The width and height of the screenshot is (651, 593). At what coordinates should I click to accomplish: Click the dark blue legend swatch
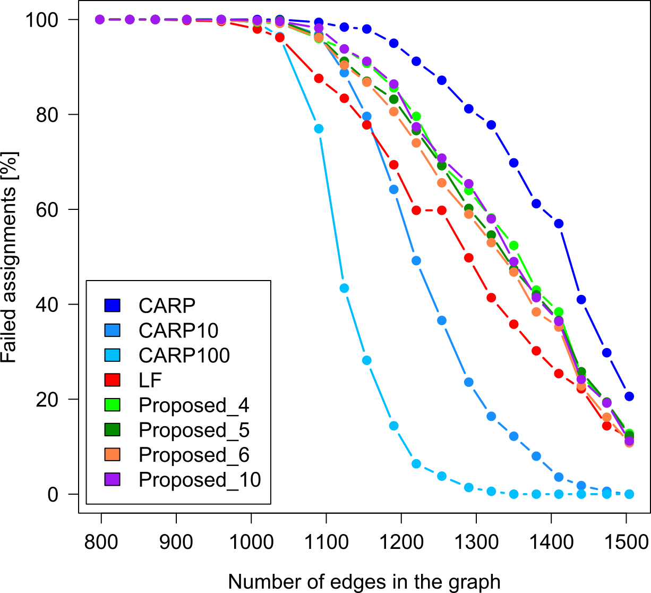(112, 305)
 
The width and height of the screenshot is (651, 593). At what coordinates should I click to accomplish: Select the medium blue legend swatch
(112, 330)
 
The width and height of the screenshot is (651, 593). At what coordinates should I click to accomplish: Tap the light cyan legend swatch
(112, 355)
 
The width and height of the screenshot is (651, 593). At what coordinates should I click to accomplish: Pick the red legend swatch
(112, 380)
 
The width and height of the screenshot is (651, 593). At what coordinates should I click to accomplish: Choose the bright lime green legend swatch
(112, 405)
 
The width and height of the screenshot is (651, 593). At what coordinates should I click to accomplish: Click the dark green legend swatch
(112, 429)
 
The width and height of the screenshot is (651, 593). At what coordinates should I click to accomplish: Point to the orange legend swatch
(112, 454)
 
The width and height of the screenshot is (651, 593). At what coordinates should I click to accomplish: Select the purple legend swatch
(112, 479)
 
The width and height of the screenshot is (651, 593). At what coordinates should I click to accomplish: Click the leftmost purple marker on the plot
(100, 20)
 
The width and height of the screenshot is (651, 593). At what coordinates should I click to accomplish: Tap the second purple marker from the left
(130, 20)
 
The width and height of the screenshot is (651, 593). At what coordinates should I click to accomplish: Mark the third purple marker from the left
(155, 20)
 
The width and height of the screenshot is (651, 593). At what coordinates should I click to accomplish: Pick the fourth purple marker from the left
(187, 20)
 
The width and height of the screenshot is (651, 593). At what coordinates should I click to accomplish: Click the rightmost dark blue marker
(629, 396)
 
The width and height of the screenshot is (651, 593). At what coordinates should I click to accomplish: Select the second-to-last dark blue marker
(607, 353)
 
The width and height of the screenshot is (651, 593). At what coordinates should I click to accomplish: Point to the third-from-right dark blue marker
(581, 300)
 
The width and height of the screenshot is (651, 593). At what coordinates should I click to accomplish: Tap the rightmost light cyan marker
(629, 494)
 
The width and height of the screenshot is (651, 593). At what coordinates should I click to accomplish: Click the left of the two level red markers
(416, 210)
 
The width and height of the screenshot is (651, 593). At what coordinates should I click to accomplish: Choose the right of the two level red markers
(442, 210)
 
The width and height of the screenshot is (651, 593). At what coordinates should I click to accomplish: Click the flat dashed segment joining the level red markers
(429, 210)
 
